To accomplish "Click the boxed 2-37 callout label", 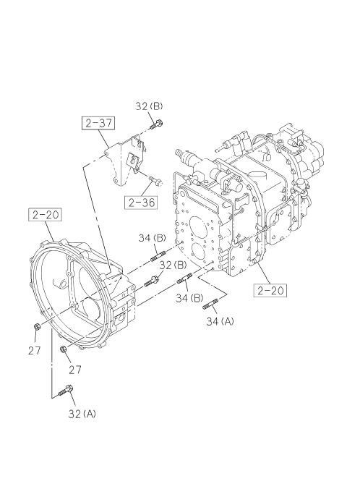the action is (99, 123).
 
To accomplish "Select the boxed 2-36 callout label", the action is (142, 203).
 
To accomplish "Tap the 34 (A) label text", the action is (220, 321).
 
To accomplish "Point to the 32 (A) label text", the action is (82, 414).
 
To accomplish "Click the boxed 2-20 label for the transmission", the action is (270, 290).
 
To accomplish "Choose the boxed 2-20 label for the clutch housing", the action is (46, 215).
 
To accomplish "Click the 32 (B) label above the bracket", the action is (149, 106).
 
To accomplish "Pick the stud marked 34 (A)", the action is (210, 304).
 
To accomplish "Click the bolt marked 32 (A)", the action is (66, 391).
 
